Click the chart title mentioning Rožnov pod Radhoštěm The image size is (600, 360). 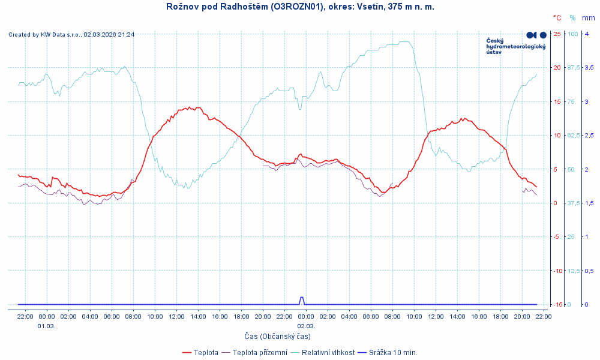pyautogui.click(x=300, y=7)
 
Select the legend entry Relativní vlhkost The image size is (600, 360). pyautogui.click(x=328, y=352)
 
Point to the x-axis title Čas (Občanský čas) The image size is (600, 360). pyautogui.click(x=277, y=336)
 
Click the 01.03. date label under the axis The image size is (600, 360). pyautogui.click(x=47, y=326)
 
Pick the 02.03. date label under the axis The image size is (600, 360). pyautogui.click(x=306, y=326)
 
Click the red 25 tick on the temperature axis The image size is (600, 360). pyautogui.click(x=557, y=34)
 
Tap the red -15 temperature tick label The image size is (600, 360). pyautogui.click(x=556, y=304)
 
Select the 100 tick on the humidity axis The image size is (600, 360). pyautogui.click(x=572, y=34)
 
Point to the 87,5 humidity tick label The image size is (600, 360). pyautogui.click(x=574, y=67)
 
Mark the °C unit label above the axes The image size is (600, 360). pyautogui.click(x=557, y=18)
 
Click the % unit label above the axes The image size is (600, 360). pyautogui.click(x=572, y=18)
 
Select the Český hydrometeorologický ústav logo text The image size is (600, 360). pyautogui.click(x=515, y=46)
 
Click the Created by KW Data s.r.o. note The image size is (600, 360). pyautogui.click(x=71, y=35)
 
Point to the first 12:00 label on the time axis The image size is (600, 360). pyautogui.click(x=176, y=316)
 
